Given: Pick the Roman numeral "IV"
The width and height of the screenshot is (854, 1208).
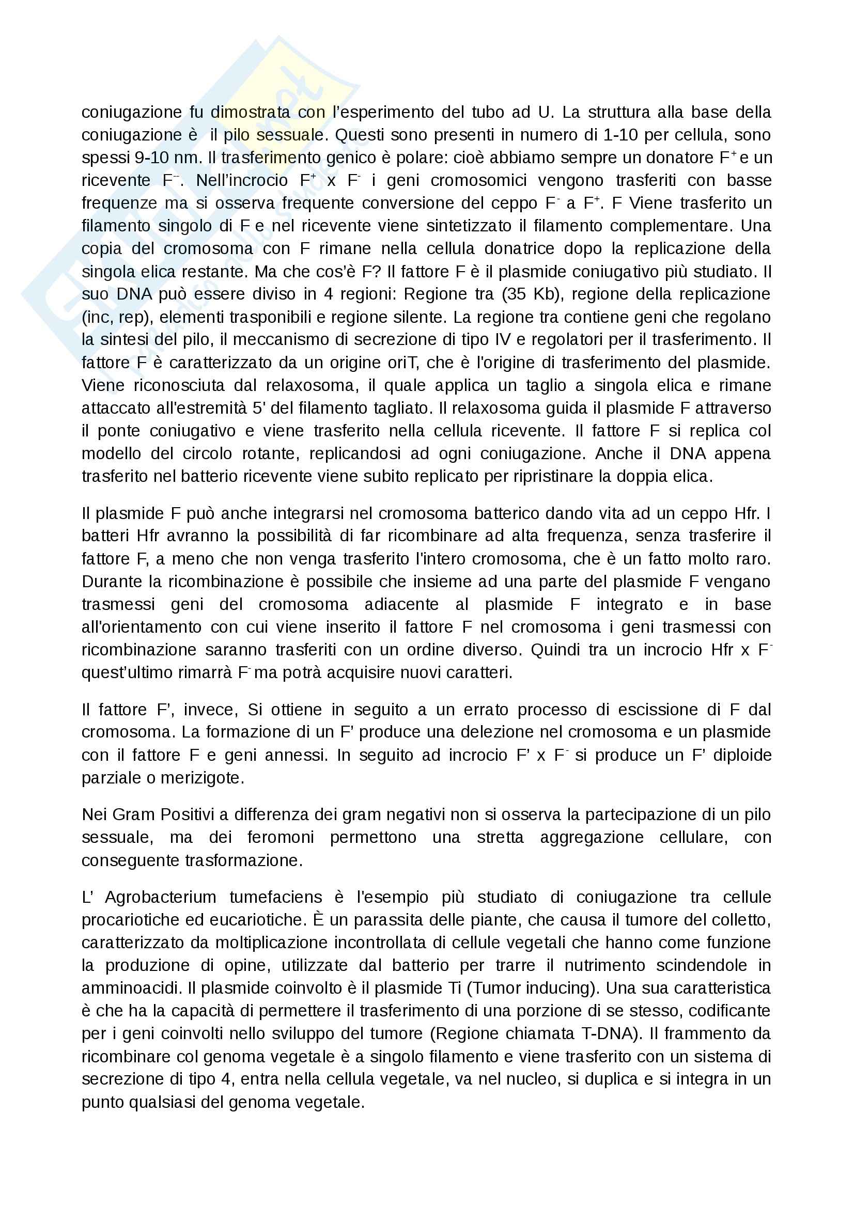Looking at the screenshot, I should coord(500,340).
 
